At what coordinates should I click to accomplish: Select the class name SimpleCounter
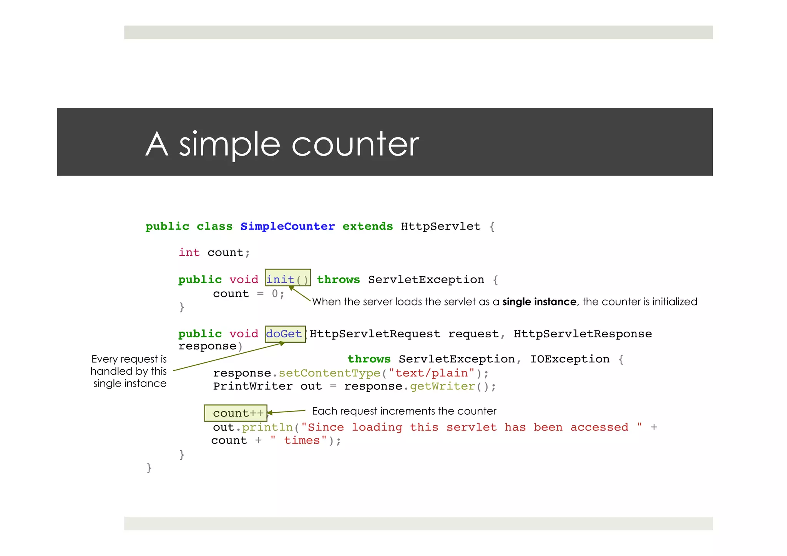(x=287, y=226)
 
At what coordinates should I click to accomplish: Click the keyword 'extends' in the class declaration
(x=367, y=226)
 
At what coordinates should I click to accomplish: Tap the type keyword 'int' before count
(x=189, y=252)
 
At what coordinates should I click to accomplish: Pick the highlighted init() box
(x=288, y=278)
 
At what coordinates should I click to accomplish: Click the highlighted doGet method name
(x=284, y=334)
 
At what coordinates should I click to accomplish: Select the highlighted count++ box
(x=235, y=413)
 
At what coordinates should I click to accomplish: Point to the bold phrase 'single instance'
(x=539, y=302)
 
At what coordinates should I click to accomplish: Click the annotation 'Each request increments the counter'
(x=404, y=411)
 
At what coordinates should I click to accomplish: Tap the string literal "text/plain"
(x=432, y=373)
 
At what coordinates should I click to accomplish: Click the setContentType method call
(x=329, y=373)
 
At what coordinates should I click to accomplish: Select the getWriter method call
(x=442, y=386)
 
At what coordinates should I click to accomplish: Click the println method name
(x=267, y=427)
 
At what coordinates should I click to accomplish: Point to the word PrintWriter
(x=252, y=386)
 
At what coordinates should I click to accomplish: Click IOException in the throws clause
(x=569, y=359)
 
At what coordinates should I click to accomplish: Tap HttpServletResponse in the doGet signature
(x=583, y=334)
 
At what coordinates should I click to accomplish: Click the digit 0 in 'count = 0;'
(x=275, y=294)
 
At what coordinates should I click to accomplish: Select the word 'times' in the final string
(x=302, y=440)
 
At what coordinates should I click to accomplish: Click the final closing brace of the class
(x=149, y=468)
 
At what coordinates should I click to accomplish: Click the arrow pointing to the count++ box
(x=286, y=412)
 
